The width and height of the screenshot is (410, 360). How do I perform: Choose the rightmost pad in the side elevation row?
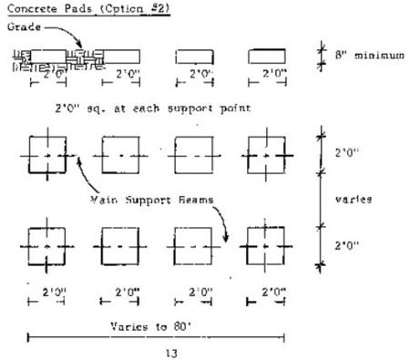point(264,57)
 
